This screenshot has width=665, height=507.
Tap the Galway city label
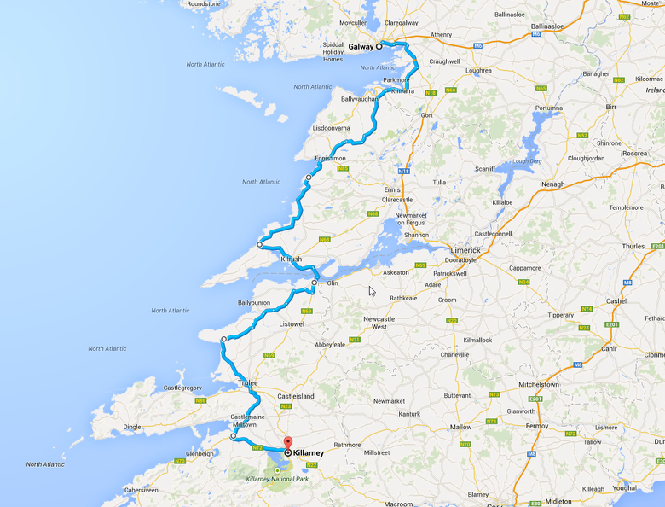[x=361, y=47]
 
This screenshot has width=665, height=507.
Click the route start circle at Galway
[x=379, y=47]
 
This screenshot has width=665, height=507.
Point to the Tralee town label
[x=246, y=383]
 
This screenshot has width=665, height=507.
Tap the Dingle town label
[x=131, y=427]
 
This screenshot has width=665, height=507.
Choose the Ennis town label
[x=392, y=189]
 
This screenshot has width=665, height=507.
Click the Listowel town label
[x=291, y=324]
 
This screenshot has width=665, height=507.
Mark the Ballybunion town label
[x=254, y=302]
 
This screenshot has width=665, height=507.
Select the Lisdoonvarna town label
[x=332, y=128]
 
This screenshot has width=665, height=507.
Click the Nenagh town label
[x=552, y=184]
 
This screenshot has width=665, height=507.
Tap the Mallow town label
[x=460, y=427]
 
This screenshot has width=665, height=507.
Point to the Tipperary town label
[x=560, y=315]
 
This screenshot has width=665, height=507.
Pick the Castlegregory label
[x=182, y=388]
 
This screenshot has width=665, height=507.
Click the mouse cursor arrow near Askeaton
[x=372, y=291]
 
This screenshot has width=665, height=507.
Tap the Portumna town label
[x=548, y=108]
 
